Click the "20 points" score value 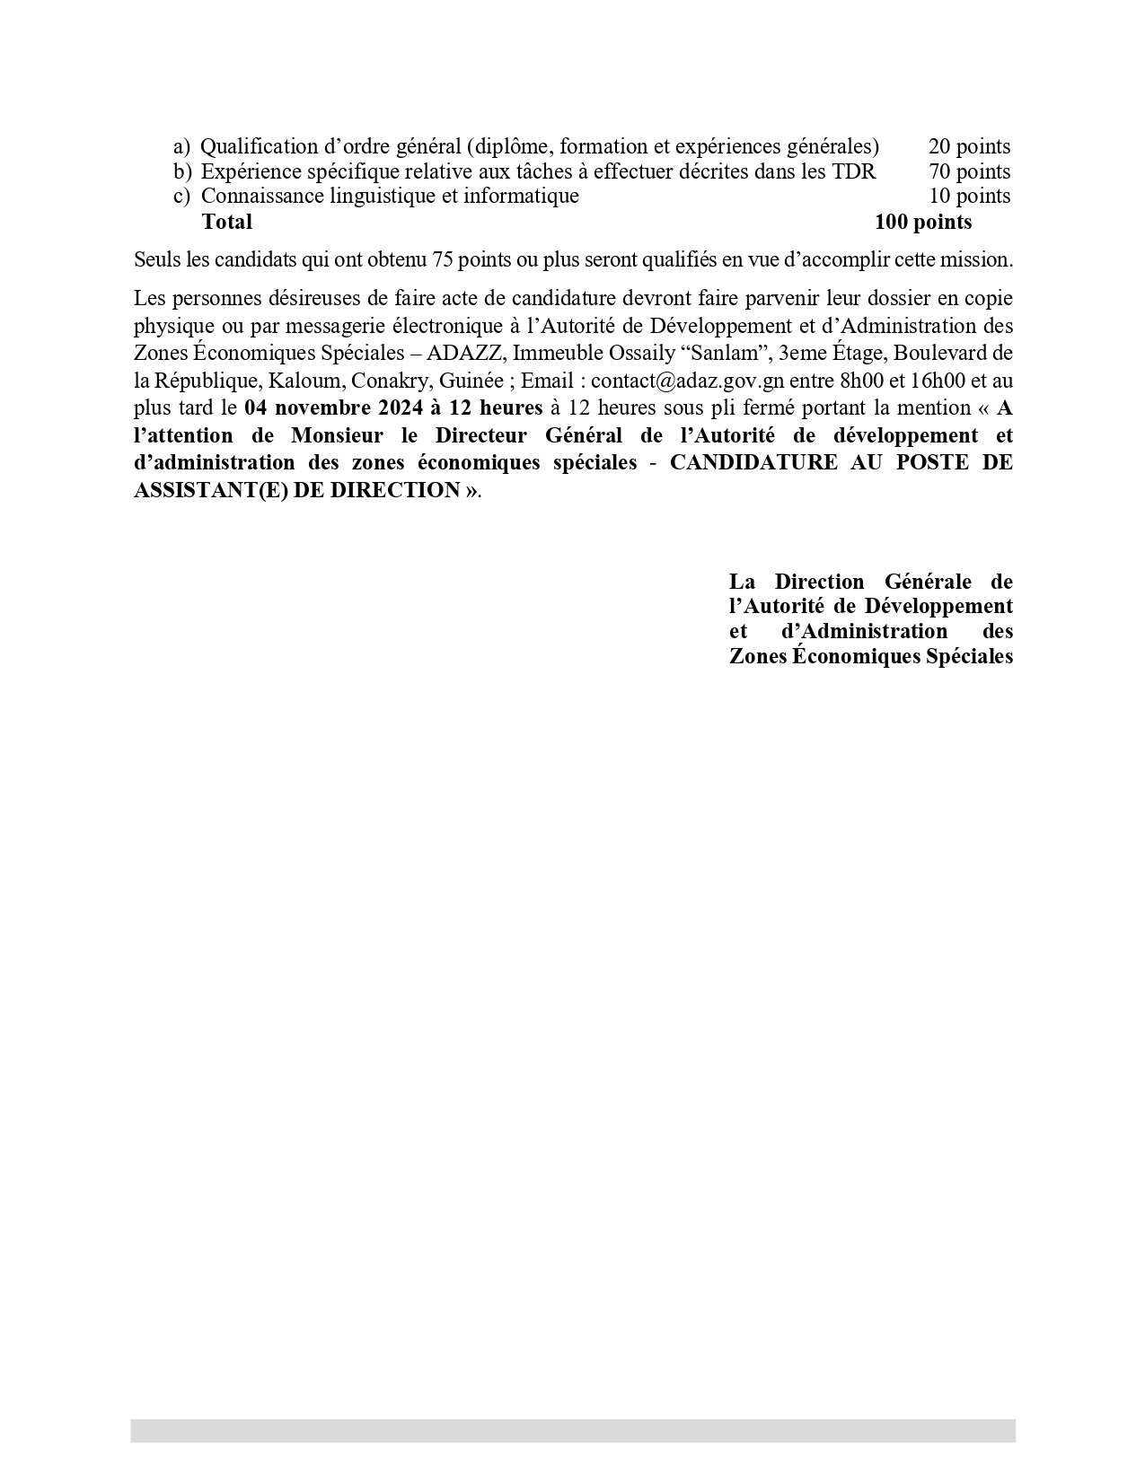point(969,146)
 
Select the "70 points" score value point(969,171)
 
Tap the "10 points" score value point(969,196)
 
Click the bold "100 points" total point(923,221)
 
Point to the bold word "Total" point(227,221)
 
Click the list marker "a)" point(181,146)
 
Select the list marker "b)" point(182,171)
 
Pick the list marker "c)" point(181,196)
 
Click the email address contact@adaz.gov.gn point(687,381)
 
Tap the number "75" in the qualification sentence point(443,260)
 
